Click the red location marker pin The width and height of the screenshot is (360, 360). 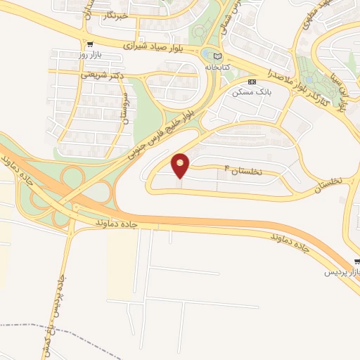[181, 165]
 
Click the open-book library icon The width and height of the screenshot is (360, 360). [217, 56]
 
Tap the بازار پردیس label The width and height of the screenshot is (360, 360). [342, 271]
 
